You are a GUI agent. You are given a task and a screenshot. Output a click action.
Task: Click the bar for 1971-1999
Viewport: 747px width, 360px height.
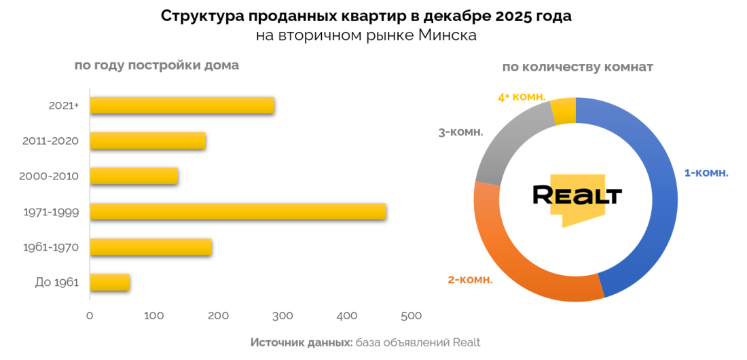point(238,211)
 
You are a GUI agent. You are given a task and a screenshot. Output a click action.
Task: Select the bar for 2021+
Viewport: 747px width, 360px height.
point(182,105)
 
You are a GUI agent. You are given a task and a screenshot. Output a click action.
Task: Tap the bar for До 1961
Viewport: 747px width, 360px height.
point(110,282)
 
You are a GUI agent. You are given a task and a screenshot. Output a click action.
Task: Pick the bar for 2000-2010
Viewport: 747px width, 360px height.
point(134,176)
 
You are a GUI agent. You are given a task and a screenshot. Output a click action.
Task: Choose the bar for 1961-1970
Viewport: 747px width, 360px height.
point(151,247)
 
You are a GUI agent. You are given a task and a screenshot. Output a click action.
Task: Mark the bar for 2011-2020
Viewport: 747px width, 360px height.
point(147,141)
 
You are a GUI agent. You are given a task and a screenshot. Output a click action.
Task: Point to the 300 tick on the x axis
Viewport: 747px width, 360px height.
point(283,316)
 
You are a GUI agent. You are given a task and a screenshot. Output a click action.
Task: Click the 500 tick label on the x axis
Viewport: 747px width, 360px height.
point(411,316)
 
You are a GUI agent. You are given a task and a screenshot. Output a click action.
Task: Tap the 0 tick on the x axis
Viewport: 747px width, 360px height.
point(90,316)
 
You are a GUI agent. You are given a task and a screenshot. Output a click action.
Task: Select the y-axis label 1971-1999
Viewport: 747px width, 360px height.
point(51,212)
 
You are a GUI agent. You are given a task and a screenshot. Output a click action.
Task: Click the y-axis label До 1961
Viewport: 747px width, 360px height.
point(57,283)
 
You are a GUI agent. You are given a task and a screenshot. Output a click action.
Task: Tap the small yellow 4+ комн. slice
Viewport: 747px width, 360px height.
point(564,111)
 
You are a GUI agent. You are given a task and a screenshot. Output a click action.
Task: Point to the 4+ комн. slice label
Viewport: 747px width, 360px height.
point(522,97)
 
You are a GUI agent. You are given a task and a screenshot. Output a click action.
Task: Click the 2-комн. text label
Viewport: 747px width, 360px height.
point(470,279)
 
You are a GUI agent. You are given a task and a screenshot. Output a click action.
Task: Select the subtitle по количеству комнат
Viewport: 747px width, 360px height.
point(577,67)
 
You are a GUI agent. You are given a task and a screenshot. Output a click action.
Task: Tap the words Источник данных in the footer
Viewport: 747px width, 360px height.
point(301,342)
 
